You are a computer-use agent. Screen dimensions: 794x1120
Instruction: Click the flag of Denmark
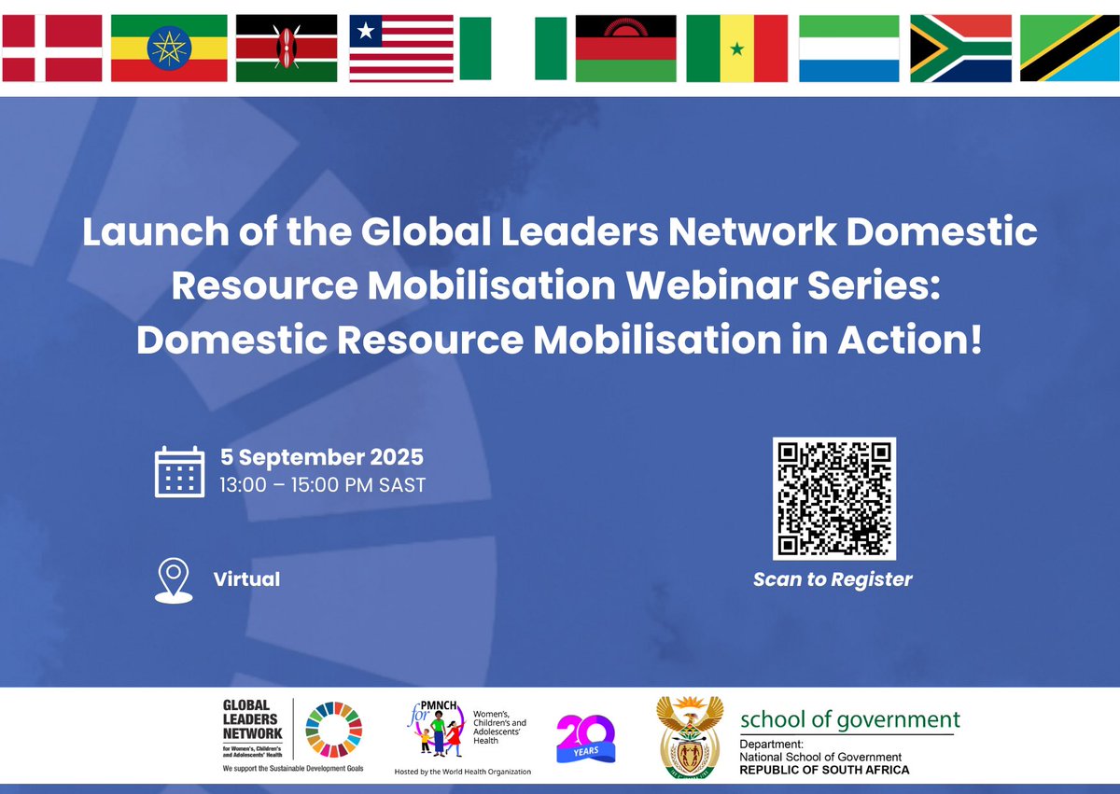tap(51, 49)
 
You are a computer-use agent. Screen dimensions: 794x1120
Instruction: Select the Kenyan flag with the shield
tap(286, 49)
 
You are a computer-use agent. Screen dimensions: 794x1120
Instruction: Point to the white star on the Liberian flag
tap(366, 32)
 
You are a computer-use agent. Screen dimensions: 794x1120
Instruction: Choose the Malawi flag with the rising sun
tap(625, 49)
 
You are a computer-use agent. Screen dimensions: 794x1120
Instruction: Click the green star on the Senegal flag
tap(736, 48)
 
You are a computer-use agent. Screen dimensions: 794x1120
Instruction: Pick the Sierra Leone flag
tap(848, 49)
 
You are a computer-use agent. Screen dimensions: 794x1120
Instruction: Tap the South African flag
tap(960, 49)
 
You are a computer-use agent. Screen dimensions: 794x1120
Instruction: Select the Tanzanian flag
tap(1070, 49)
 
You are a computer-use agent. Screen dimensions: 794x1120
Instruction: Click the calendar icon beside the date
tap(179, 471)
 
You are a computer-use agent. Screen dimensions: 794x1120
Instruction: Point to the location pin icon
tap(174, 580)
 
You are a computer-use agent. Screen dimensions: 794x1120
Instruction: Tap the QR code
tap(833, 498)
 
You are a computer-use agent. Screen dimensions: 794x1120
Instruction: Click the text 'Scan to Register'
tap(833, 579)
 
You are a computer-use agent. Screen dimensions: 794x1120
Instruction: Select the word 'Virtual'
tap(246, 578)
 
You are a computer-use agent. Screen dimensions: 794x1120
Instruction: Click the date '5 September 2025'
tap(322, 457)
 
